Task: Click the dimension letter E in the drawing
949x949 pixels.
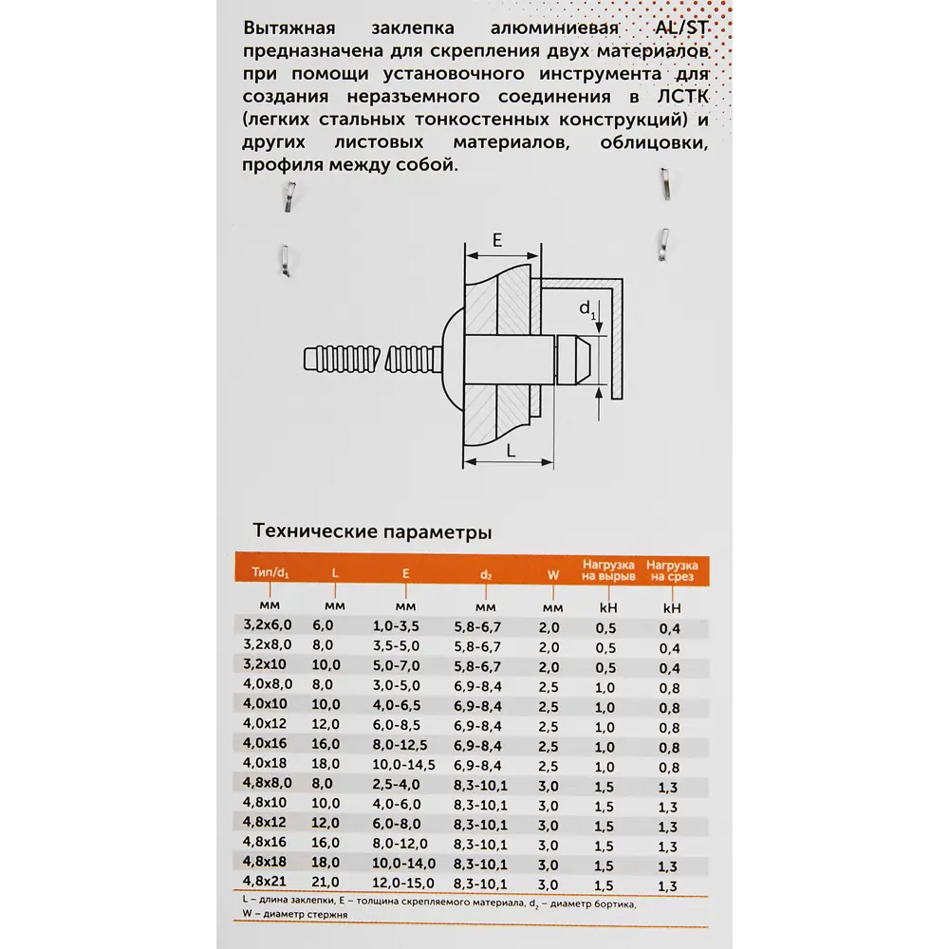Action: (497, 240)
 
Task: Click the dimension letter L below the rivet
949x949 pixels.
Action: (511, 451)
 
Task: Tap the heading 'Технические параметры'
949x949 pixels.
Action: (372, 530)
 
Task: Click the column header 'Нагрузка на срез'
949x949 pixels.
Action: (672, 570)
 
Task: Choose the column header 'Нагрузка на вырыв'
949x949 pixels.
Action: (608, 570)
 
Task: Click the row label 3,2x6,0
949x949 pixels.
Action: (268, 625)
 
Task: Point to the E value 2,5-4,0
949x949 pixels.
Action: (397, 784)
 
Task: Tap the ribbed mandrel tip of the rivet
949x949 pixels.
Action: (323, 361)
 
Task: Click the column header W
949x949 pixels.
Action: (552, 574)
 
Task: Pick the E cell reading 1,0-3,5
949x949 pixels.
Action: (397, 625)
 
